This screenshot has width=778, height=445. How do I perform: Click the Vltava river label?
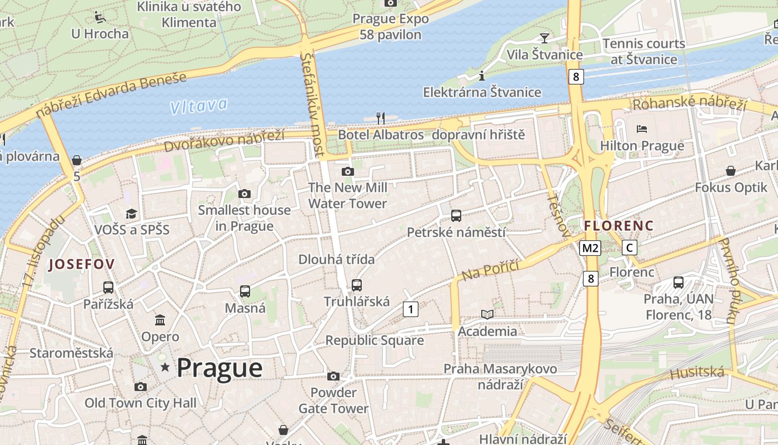pos(199,106)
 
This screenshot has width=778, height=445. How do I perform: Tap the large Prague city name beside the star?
pos(220,368)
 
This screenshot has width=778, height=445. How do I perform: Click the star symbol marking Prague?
pos(165,367)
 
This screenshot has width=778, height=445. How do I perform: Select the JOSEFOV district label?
pos(81,265)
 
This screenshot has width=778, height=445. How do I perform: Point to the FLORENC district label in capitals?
pos(619,226)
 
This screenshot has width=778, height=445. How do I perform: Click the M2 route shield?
pos(590,248)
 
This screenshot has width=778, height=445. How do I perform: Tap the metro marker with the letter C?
pos(629,248)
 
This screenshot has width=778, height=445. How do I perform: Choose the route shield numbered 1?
pos(410,309)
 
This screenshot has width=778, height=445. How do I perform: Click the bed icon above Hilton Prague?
pos(642,129)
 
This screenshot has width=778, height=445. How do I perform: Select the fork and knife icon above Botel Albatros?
pos(381,118)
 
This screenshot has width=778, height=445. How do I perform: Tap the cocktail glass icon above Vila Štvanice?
pos(544,38)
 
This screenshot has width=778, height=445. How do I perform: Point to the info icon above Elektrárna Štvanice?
pos(482,76)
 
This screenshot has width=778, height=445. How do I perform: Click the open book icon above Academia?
pos(487,315)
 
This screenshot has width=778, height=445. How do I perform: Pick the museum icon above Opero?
pos(160,320)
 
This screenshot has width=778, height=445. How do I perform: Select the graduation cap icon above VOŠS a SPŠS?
pos(131,214)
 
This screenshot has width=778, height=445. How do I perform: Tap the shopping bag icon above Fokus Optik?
pos(731,171)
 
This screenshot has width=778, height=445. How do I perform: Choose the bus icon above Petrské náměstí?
pos(456,215)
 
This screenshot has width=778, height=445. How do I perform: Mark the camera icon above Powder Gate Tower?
pos(333,377)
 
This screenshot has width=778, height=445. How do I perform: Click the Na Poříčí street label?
pos(490,270)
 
